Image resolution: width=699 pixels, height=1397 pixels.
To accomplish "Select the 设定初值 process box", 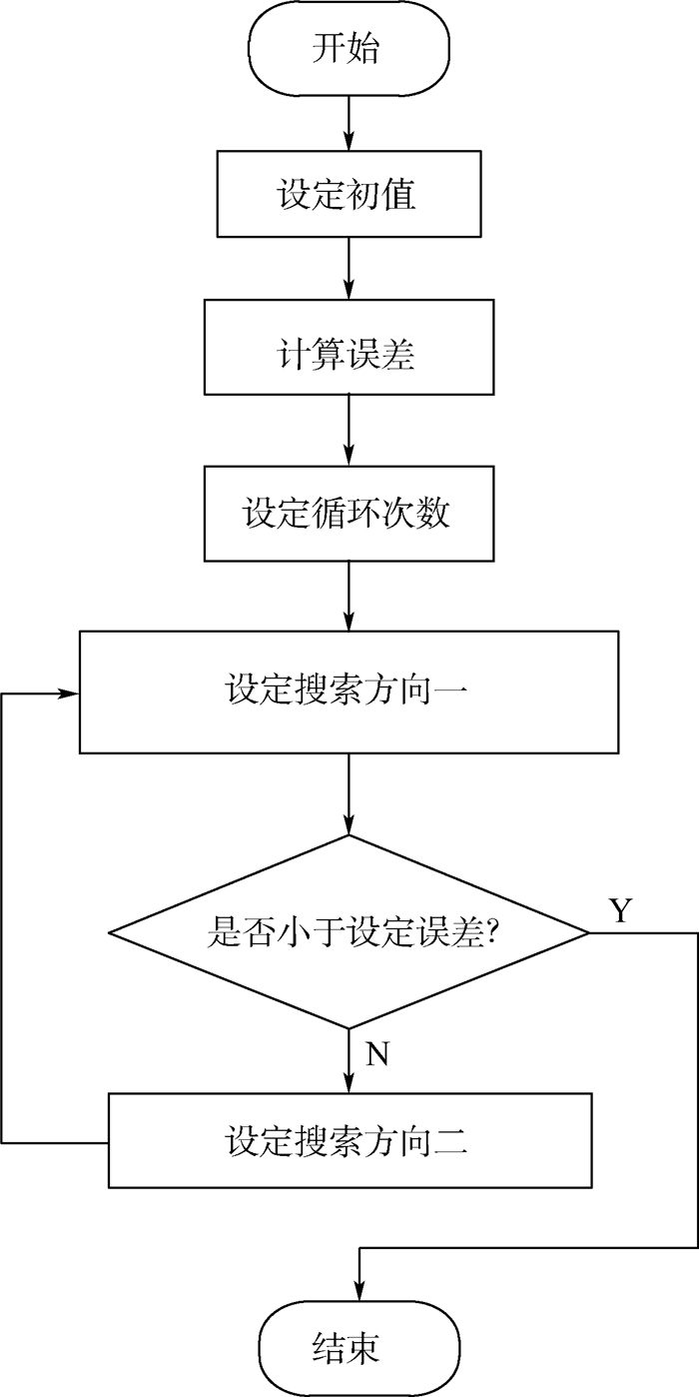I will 348,194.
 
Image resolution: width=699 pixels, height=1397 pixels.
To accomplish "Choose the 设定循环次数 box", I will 348,513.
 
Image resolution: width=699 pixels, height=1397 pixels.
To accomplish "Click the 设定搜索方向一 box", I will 348,692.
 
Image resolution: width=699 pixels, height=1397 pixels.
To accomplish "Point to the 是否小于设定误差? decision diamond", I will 348,932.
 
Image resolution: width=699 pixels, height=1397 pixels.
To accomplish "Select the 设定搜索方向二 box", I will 348,1140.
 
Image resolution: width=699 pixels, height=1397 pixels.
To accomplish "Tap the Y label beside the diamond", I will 621,909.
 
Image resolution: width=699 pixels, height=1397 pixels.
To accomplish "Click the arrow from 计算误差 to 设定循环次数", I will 349,431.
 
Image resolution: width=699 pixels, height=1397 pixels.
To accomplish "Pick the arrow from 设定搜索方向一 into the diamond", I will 349,794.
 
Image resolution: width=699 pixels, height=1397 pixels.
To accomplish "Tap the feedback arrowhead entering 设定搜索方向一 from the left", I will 70,693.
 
